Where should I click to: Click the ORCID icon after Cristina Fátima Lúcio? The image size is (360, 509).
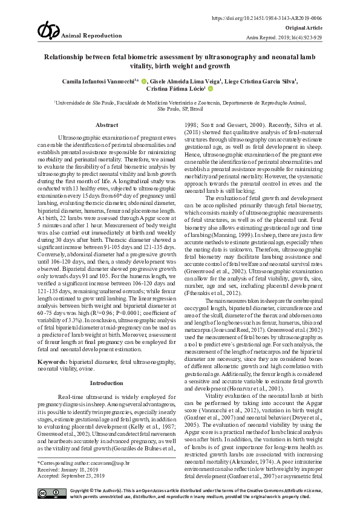211,88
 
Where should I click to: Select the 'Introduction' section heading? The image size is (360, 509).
106,383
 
